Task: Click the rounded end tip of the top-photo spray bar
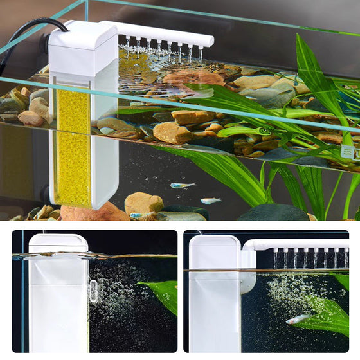pos(208,41)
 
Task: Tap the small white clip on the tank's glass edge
pos(348,152)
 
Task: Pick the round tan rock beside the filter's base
pos(142,203)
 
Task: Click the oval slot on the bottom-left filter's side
pos(94,291)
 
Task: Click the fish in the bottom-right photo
pos(298,318)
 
